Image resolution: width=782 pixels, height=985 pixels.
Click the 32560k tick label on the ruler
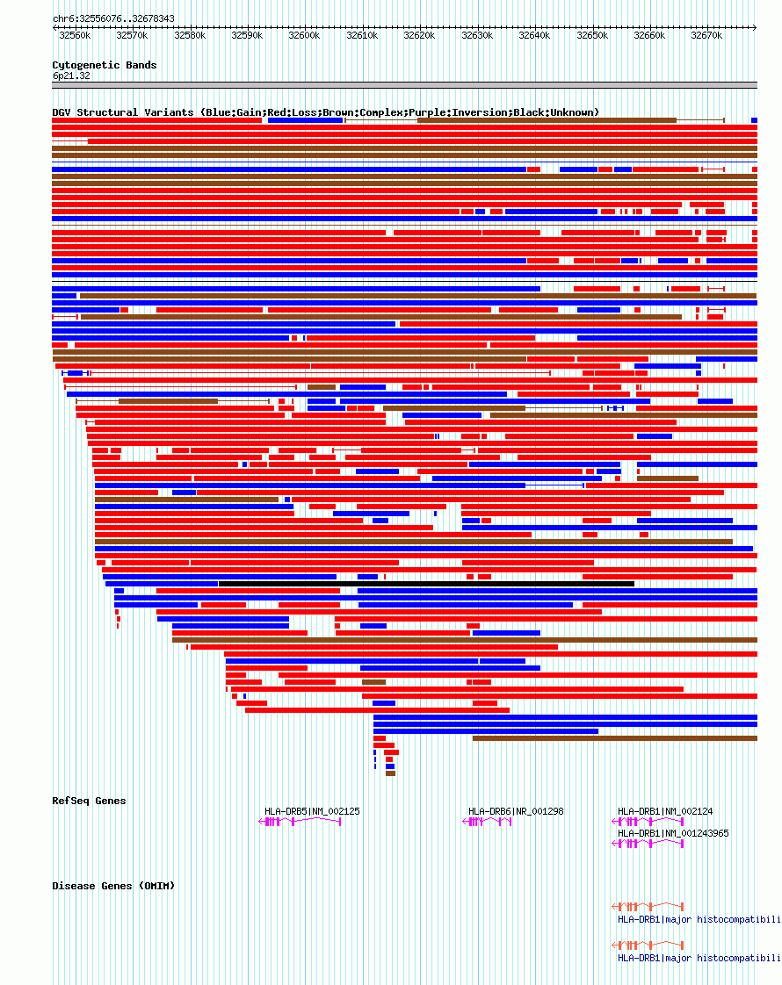pos(75,36)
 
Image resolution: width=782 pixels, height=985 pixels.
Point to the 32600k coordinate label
pos(304,36)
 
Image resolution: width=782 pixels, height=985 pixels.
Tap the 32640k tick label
pos(533,36)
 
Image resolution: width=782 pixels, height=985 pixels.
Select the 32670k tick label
pos(706,36)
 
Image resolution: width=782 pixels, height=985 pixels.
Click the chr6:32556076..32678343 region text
pos(113,18)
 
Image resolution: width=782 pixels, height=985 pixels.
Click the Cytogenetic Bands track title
pos(105,65)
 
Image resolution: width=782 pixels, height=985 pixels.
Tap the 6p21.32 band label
pos(71,75)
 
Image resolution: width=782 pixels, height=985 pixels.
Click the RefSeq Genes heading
pos(89,801)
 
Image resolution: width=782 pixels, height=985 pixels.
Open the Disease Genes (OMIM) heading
pos(113,886)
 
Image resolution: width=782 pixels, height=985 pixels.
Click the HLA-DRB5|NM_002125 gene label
pos(312,811)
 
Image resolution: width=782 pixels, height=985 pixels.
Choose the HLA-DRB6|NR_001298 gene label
pos(516,811)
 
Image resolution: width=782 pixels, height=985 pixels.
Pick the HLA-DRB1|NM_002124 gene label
pos(665,811)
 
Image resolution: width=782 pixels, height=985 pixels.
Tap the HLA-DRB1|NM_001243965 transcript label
pos(673,833)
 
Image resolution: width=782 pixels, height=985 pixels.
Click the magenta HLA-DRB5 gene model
pos(300,822)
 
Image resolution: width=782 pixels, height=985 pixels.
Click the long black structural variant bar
pos(426,584)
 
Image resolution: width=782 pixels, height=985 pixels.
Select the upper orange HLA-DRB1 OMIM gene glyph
pos(648,906)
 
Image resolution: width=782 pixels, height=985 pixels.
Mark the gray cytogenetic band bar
pos(404,86)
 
